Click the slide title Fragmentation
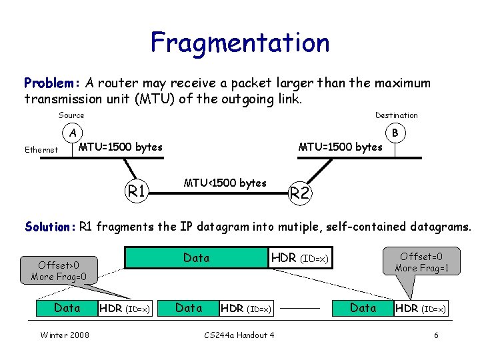click(x=240, y=43)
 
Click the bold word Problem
click(x=50, y=83)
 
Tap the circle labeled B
click(x=395, y=133)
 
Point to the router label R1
click(x=137, y=191)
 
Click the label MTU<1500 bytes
click(x=225, y=183)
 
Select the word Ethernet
click(x=41, y=150)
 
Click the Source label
click(x=71, y=115)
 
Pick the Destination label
click(x=396, y=115)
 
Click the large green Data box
click(x=197, y=258)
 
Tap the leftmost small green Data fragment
click(x=67, y=308)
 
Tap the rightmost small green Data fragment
click(x=363, y=308)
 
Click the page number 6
click(x=436, y=335)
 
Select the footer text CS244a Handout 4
click(x=239, y=335)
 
